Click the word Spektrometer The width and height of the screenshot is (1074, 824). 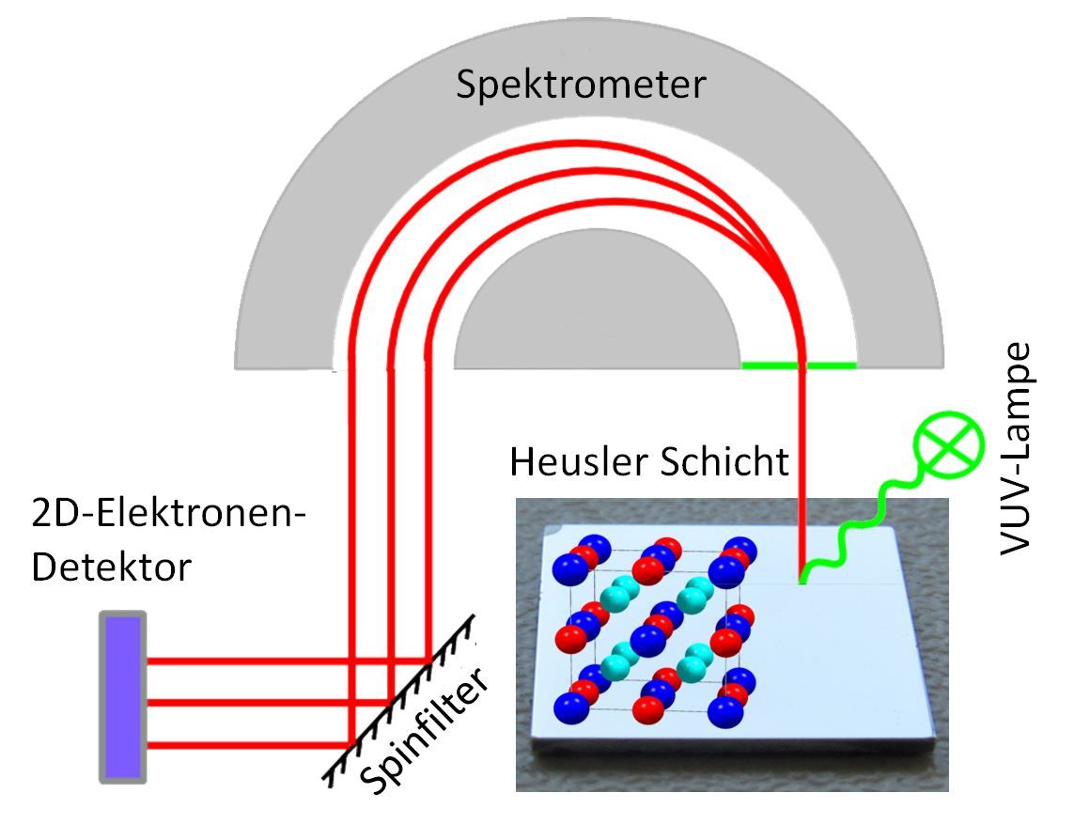click(x=580, y=86)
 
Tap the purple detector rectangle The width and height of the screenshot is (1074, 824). click(x=122, y=696)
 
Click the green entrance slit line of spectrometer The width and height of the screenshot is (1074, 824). click(x=799, y=364)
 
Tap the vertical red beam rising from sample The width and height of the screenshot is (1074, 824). click(x=802, y=470)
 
